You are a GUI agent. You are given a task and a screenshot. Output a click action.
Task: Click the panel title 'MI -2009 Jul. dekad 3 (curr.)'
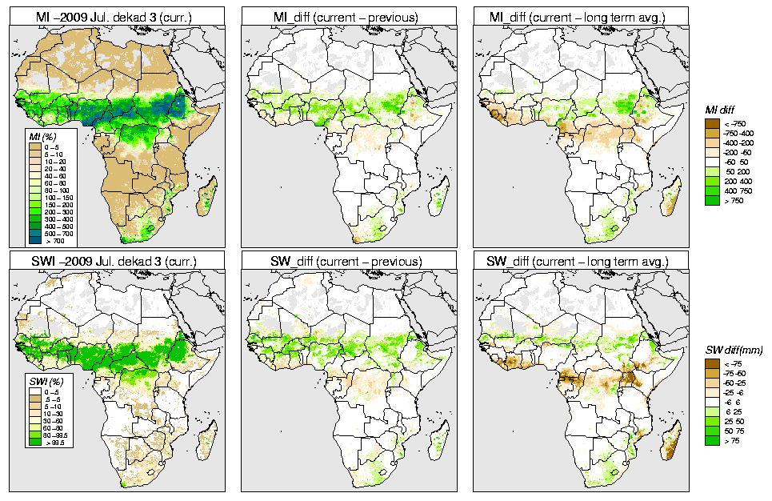point(119,16)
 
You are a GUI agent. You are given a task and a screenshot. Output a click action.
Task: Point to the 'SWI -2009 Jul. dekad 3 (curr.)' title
point(119,262)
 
